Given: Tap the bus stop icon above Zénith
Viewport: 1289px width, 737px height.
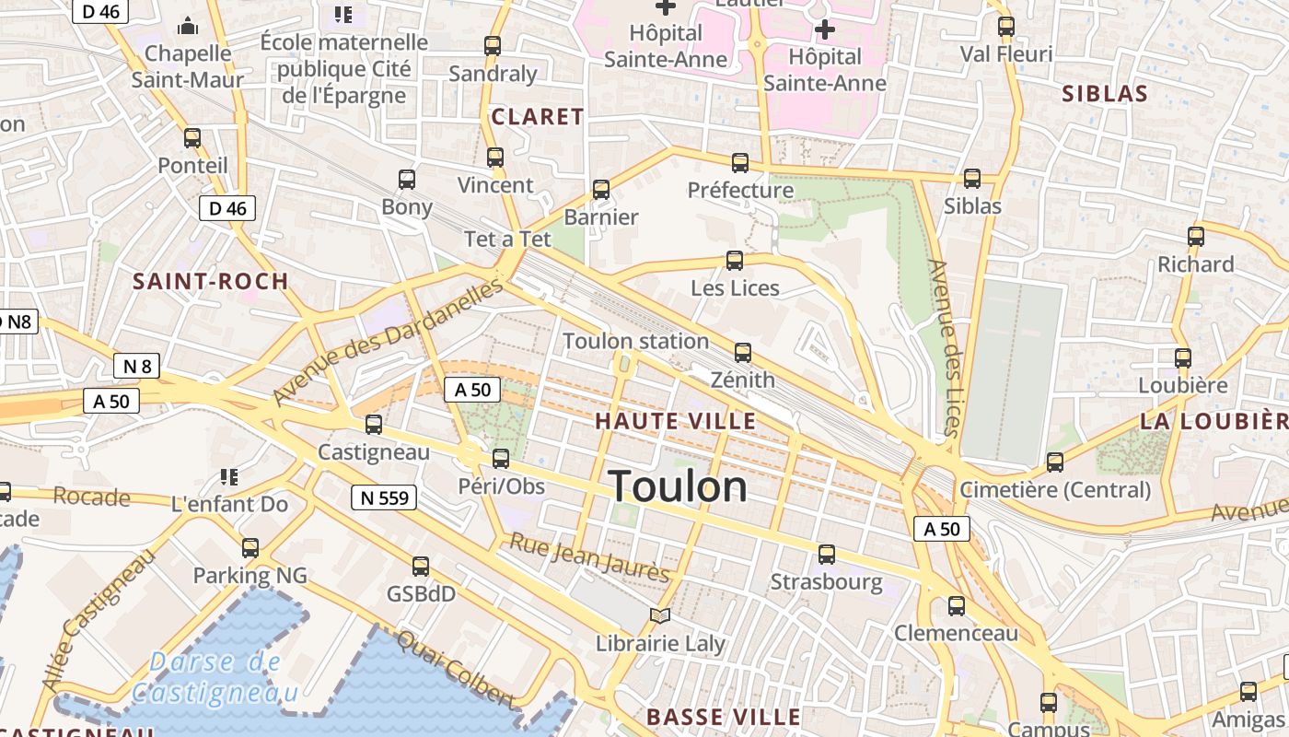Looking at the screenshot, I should coord(742,352).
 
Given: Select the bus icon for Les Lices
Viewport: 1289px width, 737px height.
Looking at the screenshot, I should coord(734,260).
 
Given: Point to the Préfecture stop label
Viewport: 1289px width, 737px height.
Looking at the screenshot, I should coord(740,191).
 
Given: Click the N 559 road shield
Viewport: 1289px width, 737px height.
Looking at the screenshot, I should coord(384,498).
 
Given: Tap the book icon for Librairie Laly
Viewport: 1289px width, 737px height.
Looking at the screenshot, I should coord(660,615).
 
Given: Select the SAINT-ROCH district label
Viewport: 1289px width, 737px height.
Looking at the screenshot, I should coord(211,282).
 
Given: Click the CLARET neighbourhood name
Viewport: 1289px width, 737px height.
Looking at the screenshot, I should coord(538,117).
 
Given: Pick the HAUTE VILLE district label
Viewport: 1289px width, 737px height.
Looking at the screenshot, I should coord(675,422).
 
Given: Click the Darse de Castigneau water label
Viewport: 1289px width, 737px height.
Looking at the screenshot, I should coord(215,677).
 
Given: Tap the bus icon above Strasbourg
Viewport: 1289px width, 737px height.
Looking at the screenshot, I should coord(826,554).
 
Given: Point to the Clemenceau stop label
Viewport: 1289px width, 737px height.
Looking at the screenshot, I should coord(957,634).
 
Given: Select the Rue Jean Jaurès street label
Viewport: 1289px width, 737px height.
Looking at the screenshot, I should coord(589,557).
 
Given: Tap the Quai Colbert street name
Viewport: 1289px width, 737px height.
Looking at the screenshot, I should coord(454,668).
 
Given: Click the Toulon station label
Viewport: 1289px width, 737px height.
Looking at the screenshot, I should coord(635,341).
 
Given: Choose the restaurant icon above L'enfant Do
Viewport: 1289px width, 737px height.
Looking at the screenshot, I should coord(229,476).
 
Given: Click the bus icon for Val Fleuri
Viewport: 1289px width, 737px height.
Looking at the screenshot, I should coord(1005,27).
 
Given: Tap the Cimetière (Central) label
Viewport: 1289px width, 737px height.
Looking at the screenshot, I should coord(1055,490).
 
